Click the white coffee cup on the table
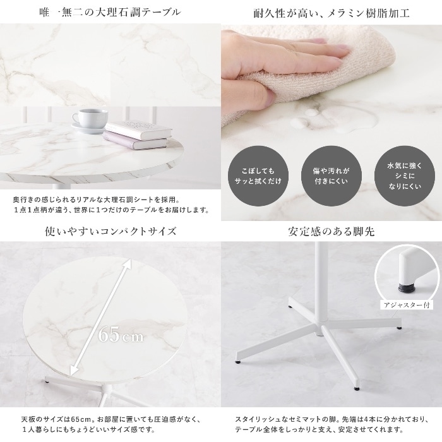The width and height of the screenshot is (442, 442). pos(90,119)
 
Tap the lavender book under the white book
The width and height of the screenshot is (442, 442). pos(135,140)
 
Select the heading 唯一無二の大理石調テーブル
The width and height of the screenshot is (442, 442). pos(110,13)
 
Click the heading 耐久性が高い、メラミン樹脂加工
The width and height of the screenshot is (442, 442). pos(331,13)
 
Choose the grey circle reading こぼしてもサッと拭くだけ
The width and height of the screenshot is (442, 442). pos(258,176)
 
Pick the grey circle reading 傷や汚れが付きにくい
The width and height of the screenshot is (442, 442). pos(331,176)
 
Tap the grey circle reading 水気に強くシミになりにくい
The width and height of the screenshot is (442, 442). pos(405,176)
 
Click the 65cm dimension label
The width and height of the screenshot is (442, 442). pos(121,335)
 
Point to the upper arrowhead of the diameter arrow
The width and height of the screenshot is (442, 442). pos(129,263)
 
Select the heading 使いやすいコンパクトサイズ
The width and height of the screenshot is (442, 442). pos(110,231)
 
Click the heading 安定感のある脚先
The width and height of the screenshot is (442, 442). pos(331,232)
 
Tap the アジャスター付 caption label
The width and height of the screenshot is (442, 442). pos(407,305)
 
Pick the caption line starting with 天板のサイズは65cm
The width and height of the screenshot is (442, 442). pos(110,419)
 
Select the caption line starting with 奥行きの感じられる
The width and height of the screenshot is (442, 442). pos(97,200)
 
